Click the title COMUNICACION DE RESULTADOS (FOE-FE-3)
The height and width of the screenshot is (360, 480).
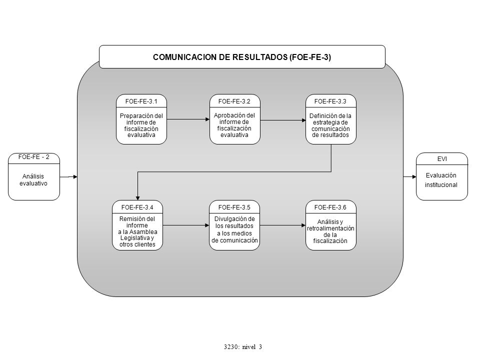coord(242,57)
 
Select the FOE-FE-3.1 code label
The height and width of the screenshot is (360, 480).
coord(141,101)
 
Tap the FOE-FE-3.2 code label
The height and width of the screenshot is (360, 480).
coord(234,101)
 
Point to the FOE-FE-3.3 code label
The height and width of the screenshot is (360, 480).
coord(330,101)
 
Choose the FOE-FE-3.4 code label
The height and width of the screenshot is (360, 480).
coord(137,207)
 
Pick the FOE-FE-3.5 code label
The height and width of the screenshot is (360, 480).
coord(234,207)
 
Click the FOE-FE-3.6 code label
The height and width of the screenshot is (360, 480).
coord(330,207)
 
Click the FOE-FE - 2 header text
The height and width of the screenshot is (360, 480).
coord(33,156)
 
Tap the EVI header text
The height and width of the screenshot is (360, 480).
coord(442,159)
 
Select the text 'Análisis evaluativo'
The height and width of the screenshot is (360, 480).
coord(33,180)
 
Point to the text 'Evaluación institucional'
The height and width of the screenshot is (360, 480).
coord(441,180)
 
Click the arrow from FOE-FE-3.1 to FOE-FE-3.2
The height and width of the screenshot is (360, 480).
coord(188,119)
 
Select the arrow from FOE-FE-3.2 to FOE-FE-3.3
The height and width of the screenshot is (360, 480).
coord(283,120)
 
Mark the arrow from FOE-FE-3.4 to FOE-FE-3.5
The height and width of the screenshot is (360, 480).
coord(186,225)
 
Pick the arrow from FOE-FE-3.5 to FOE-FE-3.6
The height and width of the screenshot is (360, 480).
coord(282,225)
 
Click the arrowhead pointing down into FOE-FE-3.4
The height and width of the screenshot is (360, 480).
coord(138,198)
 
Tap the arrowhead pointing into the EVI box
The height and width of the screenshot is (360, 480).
coord(414,177)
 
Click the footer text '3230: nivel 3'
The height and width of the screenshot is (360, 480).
coord(243,347)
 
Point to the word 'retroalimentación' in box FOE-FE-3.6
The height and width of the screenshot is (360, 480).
coord(330,228)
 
